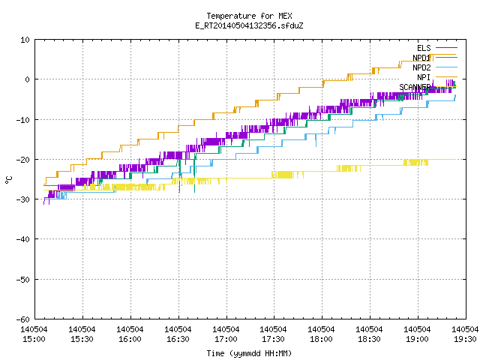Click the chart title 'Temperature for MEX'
tap(249, 16)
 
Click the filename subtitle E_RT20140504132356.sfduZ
tap(249, 25)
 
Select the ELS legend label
tap(424, 48)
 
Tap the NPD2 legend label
tap(421, 67)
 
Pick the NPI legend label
tap(424, 77)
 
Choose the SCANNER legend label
tap(415, 87)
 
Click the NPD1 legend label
tap(421, 58)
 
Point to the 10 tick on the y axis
tap(25, 40)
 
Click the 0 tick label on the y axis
tap(28, 79)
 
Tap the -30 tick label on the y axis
tap(23, 199)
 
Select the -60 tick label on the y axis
tap(23, 319)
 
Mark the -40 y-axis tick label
tap(23, 239)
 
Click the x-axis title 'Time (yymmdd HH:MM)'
tap(249, 353)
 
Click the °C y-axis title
tap(8, 180)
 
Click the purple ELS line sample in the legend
tap(446, 48)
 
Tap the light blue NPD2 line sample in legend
tap(446, 67)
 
